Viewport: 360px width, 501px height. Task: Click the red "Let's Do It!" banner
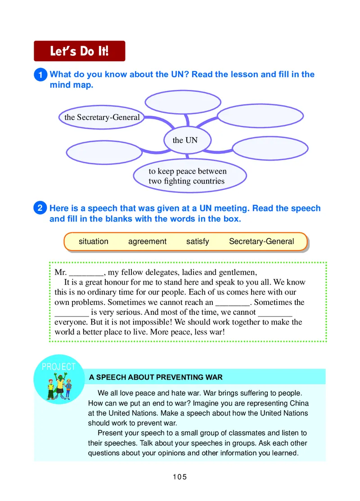[x=79, y=51]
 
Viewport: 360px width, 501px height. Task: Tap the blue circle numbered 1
[x=40, y=75]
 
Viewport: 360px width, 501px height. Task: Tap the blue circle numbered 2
[x=40, y=208]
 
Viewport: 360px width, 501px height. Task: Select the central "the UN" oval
[x=185, y=140]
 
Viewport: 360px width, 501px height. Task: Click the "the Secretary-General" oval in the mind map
[x=102, y=117]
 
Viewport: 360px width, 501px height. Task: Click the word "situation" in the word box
[x=94, y=242]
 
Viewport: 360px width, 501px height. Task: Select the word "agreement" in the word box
[x=147, y=242]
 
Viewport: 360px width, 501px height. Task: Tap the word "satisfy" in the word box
[x=198, y=242]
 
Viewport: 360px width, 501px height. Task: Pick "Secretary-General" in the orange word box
[x=261, y=242]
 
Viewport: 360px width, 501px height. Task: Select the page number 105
[x=180, y=477]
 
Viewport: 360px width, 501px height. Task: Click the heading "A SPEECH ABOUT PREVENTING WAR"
[x=156, y=377]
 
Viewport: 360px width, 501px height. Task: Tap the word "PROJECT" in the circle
[x=59, y=367]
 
